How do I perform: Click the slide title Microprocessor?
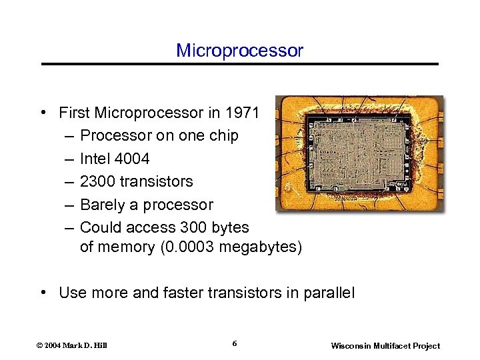[x=239, y=51]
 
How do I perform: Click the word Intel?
[x=95, y=159]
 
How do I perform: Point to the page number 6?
[x=235, y=343]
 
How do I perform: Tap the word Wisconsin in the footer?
[x=351, y=346]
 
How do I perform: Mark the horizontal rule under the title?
[x=240, y=64]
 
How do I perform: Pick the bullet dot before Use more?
[x=42, y=293]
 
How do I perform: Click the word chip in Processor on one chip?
[x=224, y=136]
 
